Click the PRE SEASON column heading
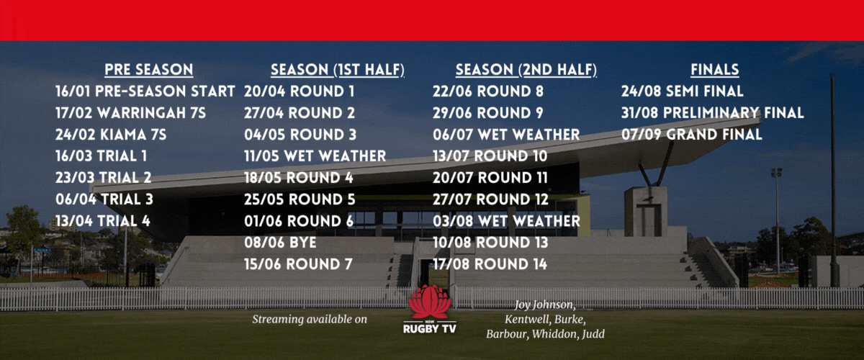149,69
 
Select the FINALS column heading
715,69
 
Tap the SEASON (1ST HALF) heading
338,70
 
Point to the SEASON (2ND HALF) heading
526,70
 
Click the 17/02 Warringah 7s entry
131,113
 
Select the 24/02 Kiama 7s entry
111,135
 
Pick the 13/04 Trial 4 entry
102,221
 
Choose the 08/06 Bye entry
280,243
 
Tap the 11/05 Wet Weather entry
315,156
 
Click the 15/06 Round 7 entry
298,264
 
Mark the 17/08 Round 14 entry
490,264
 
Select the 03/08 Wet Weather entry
506,221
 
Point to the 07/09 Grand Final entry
692,135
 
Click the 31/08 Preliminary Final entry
712,113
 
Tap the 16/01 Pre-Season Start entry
145,91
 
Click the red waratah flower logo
429,302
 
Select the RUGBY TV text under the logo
430,329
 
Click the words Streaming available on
310,320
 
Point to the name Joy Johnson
545,305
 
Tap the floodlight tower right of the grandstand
776,220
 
